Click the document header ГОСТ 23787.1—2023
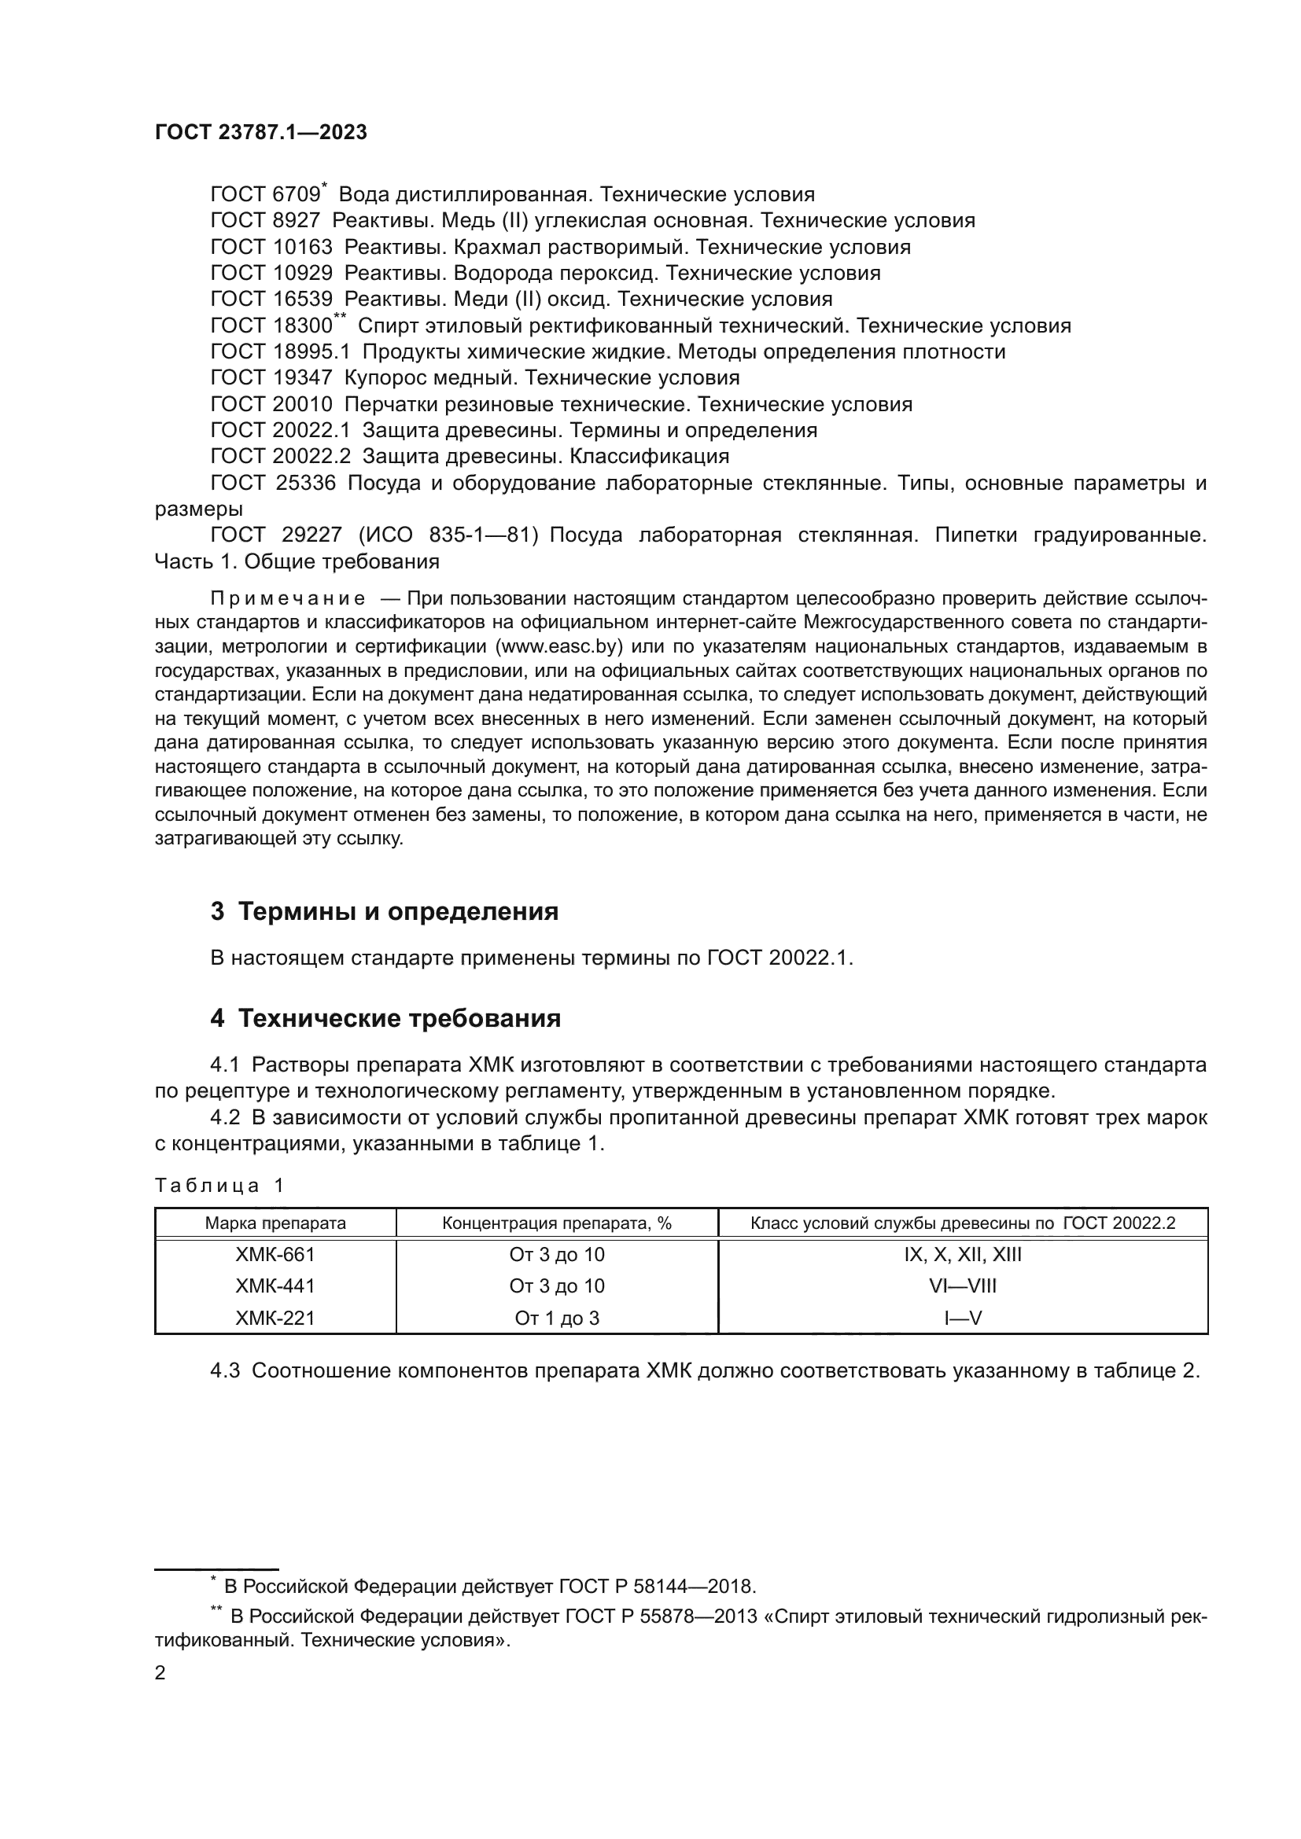260,133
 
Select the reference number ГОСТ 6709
265,195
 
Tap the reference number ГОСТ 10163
271,247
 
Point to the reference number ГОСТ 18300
271,326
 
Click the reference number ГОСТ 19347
271,377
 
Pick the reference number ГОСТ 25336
273,483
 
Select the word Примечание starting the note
288,598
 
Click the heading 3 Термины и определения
385,911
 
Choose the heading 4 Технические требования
385,1019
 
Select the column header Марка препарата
275,1223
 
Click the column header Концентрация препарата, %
557,1223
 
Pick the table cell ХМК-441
275,1285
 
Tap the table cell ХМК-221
275,1318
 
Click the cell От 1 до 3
557,1318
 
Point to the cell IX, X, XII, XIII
963,1254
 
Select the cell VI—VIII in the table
963,1285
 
